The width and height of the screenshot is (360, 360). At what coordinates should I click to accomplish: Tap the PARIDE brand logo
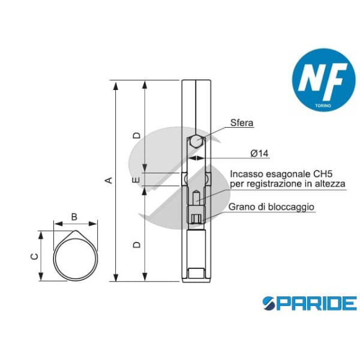click(309, 303)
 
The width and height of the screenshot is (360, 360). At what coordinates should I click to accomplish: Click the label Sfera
click(242, 123)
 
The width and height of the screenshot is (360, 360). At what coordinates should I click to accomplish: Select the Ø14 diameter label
click(259, 154)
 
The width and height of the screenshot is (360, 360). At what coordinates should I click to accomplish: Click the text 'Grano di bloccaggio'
click(271, 207)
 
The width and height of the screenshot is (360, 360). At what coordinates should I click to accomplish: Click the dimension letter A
click(109, 180)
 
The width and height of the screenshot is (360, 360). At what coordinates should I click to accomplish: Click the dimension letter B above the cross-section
click(74, 216)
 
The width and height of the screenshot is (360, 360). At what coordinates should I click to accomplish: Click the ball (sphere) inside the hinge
click(197, 143)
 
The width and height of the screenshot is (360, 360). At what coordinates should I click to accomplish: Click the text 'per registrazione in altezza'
click(287, 184)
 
